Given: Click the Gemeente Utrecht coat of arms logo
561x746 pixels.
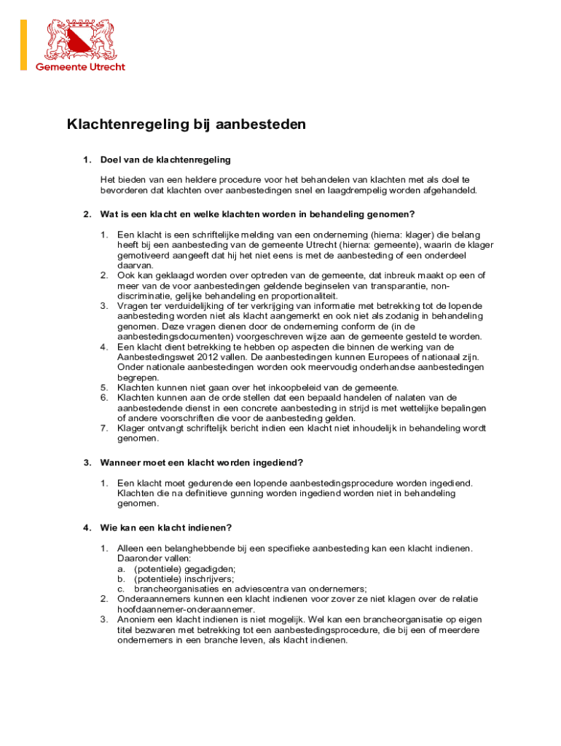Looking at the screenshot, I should (x=81, y=39).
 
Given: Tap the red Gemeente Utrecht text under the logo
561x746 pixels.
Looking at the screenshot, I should (x=81, y=67).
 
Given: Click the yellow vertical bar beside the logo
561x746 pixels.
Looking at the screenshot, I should (x=23, y=45).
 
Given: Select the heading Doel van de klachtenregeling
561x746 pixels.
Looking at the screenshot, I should (x=165, y=160).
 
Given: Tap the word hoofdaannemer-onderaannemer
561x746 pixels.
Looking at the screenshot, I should (x=186, y=609).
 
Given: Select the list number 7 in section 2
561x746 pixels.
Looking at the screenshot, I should (x=104, y=428).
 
